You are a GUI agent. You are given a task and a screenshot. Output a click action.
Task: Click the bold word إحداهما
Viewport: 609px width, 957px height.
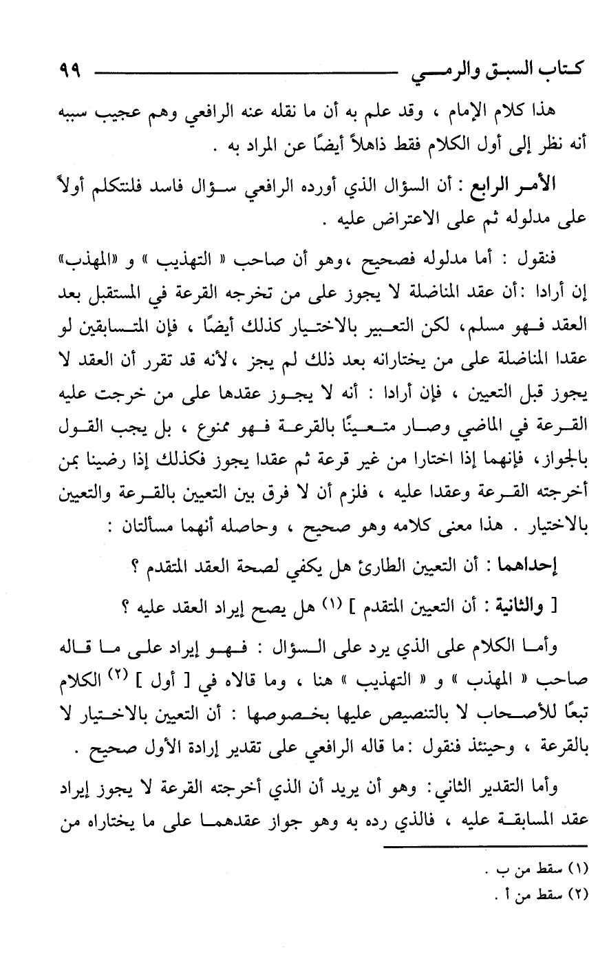click(531, 568)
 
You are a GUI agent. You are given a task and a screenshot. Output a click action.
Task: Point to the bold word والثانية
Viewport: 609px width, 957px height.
click(531, 607)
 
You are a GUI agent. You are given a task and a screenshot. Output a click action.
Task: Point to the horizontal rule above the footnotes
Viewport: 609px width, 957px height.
click(486, 847)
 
